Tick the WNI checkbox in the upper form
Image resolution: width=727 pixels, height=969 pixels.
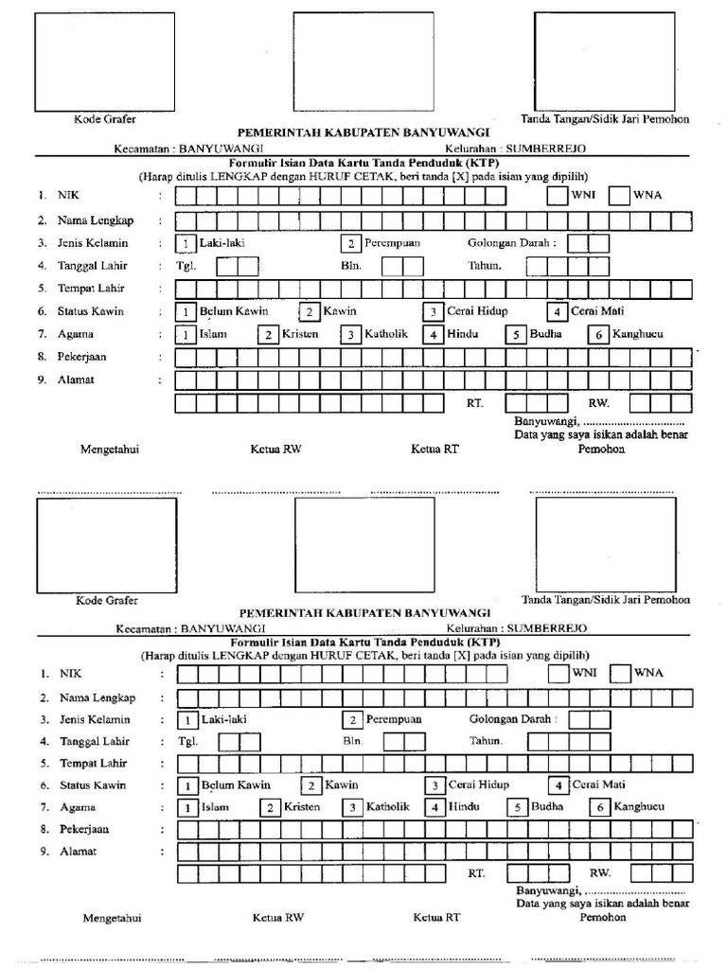click(x=557, y=196)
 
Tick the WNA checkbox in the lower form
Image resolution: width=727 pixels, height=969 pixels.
click(x=620, y=673)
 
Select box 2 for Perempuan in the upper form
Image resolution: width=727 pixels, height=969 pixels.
click(x=350, y=243)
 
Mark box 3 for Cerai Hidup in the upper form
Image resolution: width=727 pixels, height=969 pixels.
click(x=433, y=312)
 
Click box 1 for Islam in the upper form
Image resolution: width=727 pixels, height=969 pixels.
click(x=187, y=335)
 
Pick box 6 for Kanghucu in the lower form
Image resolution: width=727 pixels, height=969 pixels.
click(x=600, y=808)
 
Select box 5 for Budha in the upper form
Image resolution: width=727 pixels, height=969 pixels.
click(x=516, y=335)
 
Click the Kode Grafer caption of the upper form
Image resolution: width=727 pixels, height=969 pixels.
click(x=105, y=119)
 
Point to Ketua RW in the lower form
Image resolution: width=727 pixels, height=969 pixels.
click(x=277, y=917)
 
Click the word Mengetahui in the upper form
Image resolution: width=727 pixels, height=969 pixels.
click(x=110, y=449)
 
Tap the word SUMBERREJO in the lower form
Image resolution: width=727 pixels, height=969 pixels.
click(x=547, y=627)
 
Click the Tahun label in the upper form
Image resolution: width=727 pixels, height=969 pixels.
click(x=484, y=266)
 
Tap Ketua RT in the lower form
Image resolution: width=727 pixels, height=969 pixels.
click(x=436, y=917)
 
